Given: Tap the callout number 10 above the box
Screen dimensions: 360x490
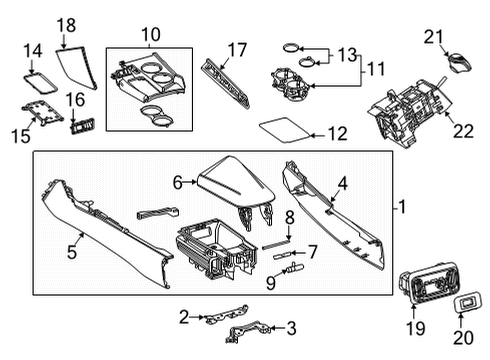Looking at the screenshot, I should (x=150, y=35).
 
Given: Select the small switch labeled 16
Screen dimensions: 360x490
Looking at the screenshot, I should (x=81, y=127).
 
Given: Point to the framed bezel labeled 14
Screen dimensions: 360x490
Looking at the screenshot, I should (x=38, y=76).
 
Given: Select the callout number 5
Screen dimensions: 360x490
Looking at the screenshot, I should (x=72, y=254).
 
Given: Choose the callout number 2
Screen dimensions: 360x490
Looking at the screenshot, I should (x=183, y=317).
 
